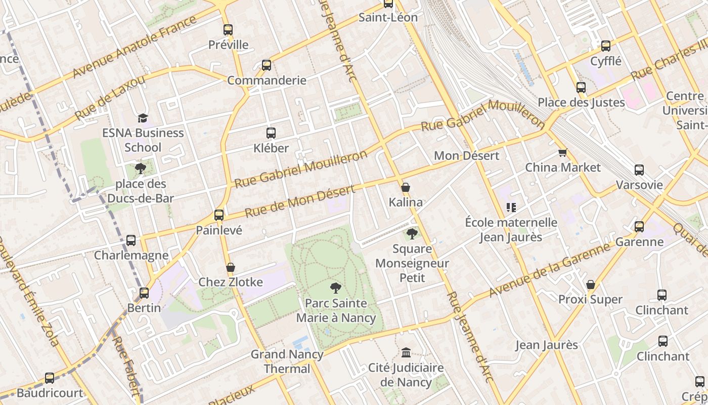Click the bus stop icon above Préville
[x=228, y=30]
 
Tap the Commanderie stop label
[x=267, y=80]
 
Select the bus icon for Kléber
[x=271, y=133]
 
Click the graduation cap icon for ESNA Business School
[x=143, y=118]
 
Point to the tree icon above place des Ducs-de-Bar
[x=140, y=169]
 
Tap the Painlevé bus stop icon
[x=219, y=215]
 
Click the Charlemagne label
[x=131, y=255]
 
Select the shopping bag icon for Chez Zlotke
[x=231, y=267]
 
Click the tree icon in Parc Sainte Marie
[x=335, y=288]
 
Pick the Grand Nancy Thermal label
[x=287, y=361]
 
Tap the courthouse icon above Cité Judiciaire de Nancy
[x=406, y=352]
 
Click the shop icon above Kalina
[x=406, y=187]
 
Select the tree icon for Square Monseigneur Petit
[x=412, y=233]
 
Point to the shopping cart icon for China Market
[x=562, y=152]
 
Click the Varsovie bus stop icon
[x=639, y=170]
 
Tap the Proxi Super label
[x=590, y=300]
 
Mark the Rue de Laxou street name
[x=110, y=97]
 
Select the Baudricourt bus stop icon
[x=50, y=378]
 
